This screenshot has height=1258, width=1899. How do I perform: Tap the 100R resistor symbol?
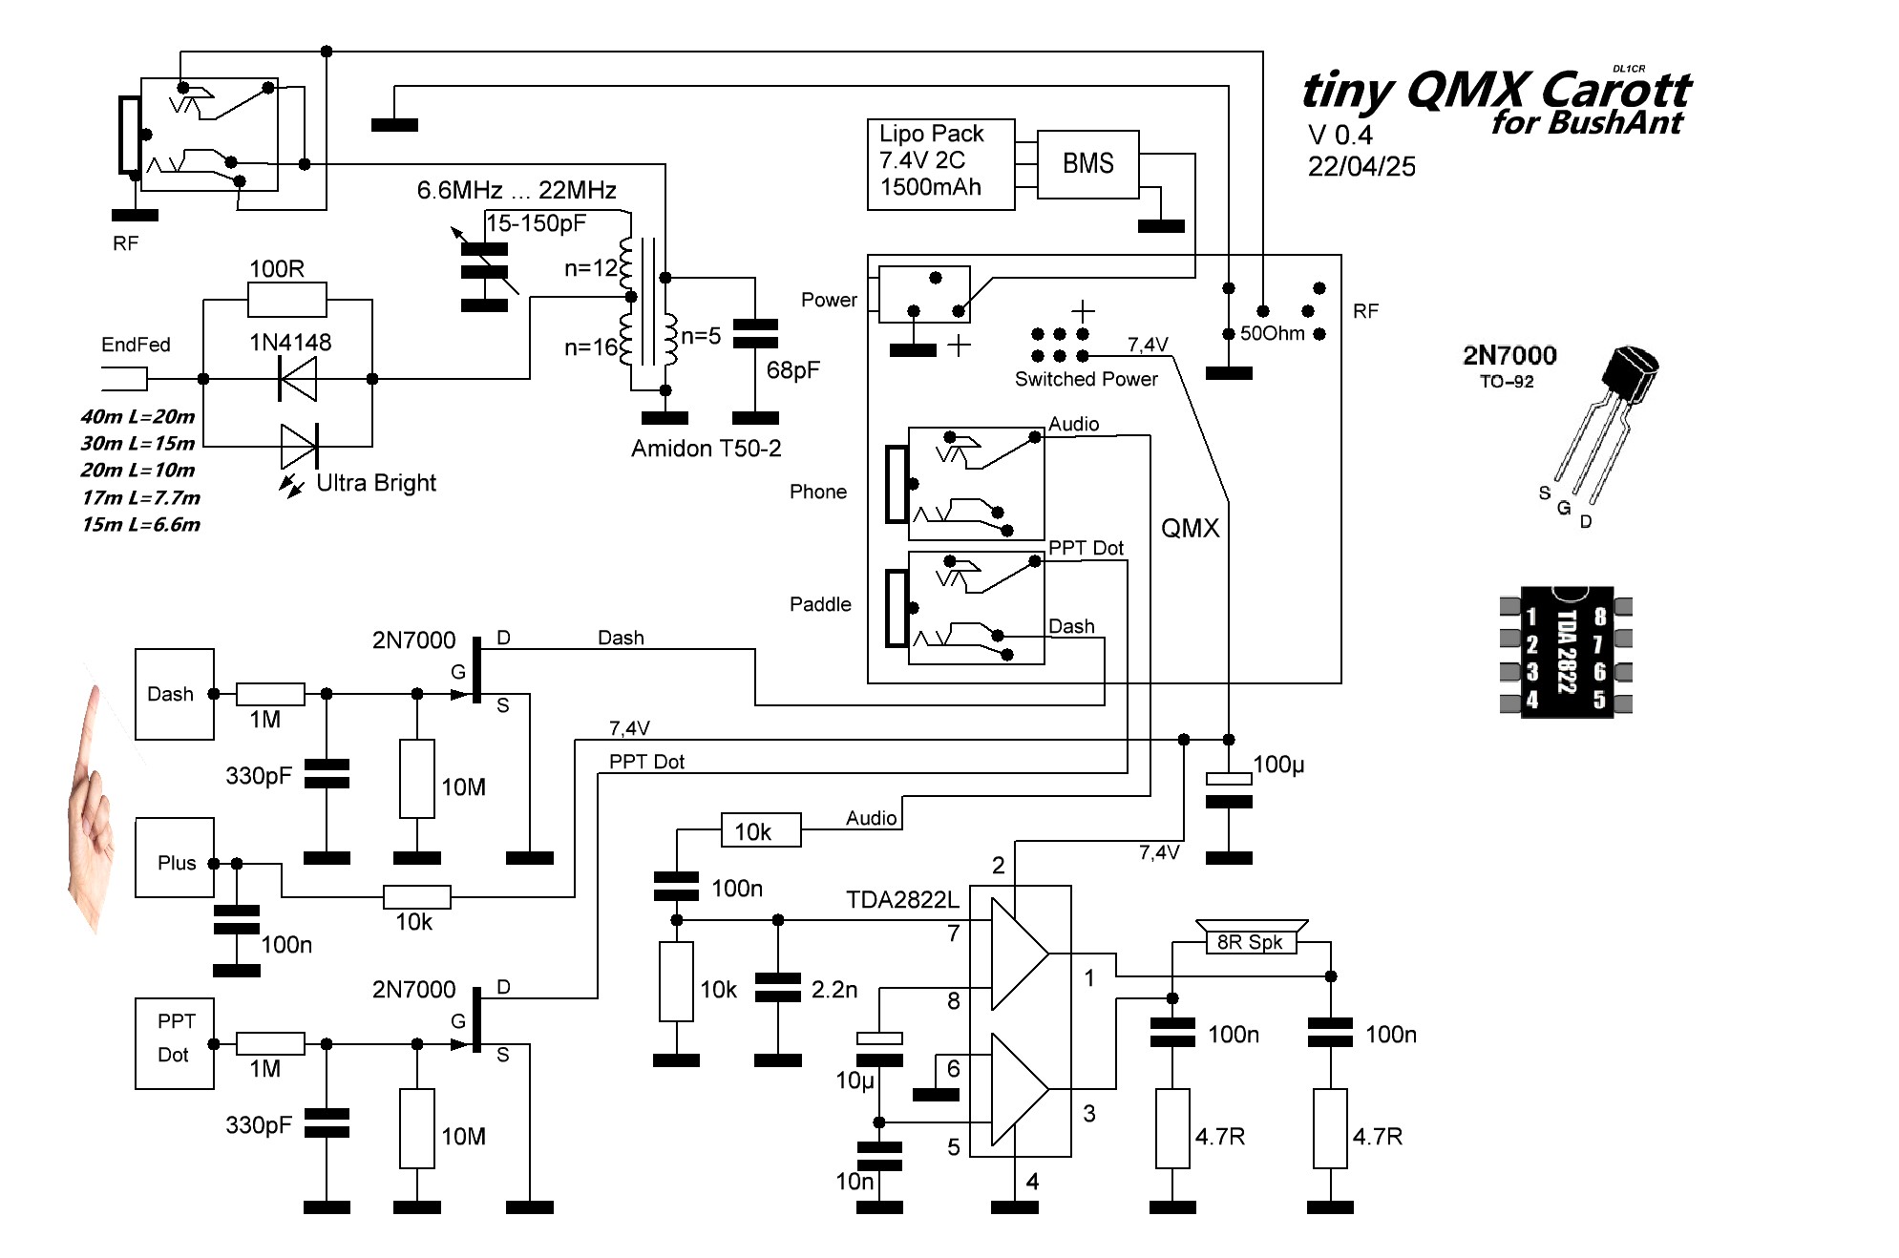point(286,299)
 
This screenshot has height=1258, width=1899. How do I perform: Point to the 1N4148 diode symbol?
point(297,379)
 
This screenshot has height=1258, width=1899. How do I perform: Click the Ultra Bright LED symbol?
point(300,446)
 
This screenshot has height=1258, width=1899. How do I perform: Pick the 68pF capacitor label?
point(792,370)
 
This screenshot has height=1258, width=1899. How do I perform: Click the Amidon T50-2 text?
point(706,449)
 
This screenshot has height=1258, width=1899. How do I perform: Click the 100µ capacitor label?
point(1278,765)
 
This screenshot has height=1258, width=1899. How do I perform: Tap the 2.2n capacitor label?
point(834,990)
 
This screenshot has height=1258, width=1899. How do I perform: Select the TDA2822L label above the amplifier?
point(902,900)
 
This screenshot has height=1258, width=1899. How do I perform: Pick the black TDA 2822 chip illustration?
point(1566,652)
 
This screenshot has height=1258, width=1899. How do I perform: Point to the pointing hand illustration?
point(92,807)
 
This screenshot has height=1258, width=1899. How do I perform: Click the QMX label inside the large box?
point(1191,528)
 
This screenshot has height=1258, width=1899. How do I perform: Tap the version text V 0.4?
point(1340,136)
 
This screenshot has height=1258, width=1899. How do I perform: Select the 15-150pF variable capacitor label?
point(536,223)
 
